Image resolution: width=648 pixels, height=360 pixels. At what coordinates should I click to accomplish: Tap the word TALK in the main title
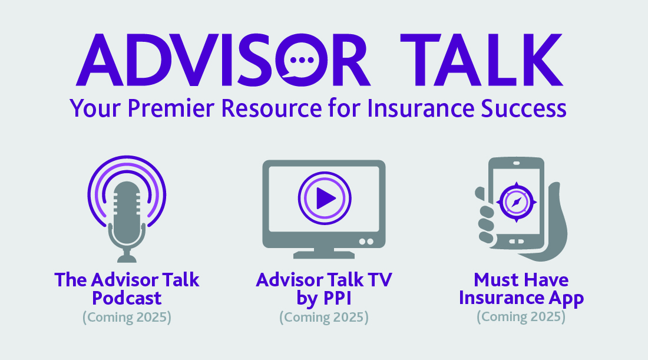pyautogui.click(x=481, y=60)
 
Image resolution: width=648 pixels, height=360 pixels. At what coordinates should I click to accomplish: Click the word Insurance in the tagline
pyautogui.click(x=421, y=108)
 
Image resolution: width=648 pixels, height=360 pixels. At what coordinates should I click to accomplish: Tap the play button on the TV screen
pyautogui.click(x=325, y=199)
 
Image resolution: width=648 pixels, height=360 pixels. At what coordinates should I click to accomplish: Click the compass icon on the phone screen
pyautogui.click(x=517, y=203)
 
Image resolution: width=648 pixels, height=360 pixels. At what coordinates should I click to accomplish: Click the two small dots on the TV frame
pyautogui.click(x=366, y=242)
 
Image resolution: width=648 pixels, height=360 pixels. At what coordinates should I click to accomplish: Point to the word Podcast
pyautogui.click(x=127, y=298)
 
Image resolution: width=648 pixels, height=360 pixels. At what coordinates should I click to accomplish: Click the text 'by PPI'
pyautogui.click(x=324, y=299)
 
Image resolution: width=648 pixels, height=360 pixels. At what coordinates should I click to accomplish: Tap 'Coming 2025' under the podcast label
pyautogui.click(x=127, y=318)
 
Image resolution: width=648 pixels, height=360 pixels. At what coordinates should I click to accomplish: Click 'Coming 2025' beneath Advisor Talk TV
pyautogui.click(x=324, y=318)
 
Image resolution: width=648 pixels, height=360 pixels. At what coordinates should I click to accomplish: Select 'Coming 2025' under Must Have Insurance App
pyautogui.click(x=521, y=317)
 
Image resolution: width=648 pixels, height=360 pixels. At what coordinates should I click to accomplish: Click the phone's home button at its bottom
pyautogui.click(x=516, y=242)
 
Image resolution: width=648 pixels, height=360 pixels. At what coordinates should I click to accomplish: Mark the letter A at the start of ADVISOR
pyautogui.click(x=100, y=60)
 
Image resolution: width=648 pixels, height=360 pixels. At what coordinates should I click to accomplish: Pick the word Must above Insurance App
pyautogui.click(x=494, y=280)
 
